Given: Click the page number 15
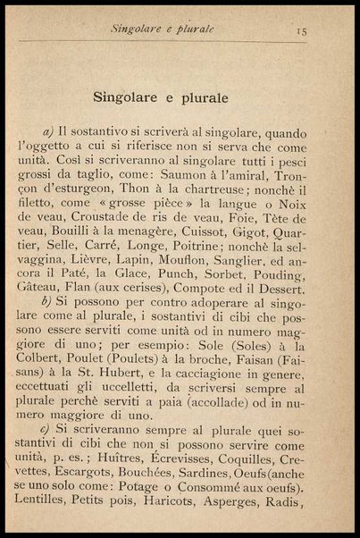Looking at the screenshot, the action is pos(303,29).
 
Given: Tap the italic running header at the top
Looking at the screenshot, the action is pos(163,28).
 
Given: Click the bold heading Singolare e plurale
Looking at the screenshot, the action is pos(160,95).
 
